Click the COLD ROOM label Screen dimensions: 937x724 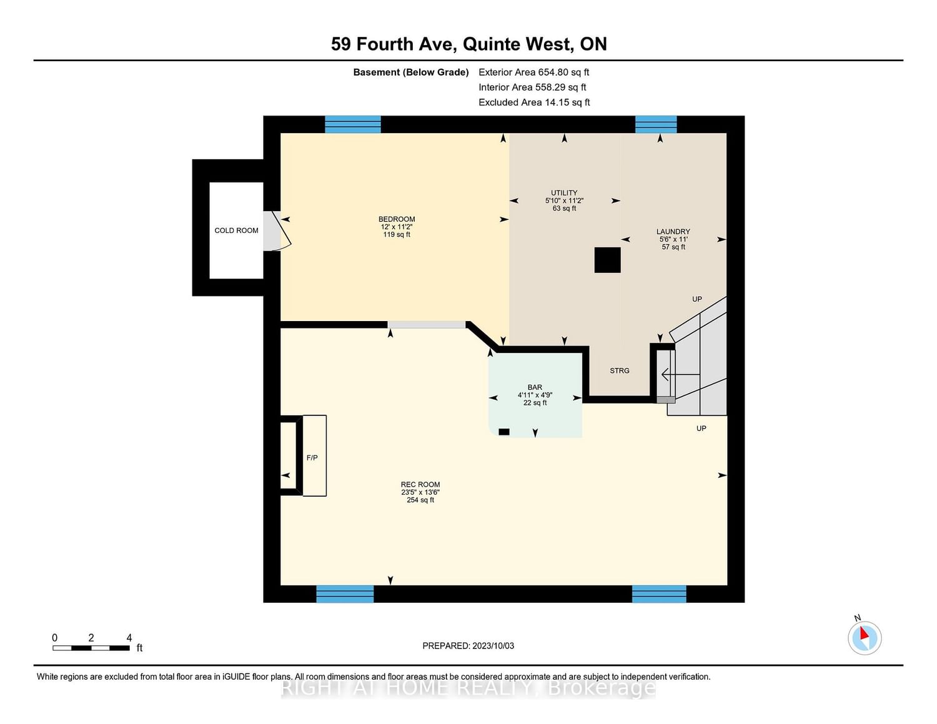[x=236, y=231]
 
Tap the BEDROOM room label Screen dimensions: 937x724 [x=397, y=219]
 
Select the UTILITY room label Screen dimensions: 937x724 [x=564, y=193]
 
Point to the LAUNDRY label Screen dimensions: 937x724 [x=673, y=232]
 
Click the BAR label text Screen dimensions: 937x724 [x=535, y=387]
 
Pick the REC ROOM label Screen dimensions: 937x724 [x=420, y=484]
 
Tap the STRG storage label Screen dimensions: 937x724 [x=620, y=370]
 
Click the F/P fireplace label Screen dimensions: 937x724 [x=312, y=457]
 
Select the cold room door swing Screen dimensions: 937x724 [x=277, y=231]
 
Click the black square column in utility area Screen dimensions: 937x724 [x=608, y=260]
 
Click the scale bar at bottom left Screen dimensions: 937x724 [x=91, y=648]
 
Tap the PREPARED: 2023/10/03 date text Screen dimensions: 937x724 [x=468, y=645]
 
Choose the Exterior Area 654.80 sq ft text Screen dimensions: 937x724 [x=534, y=72]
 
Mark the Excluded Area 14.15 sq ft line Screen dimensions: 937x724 [x=534, y=102]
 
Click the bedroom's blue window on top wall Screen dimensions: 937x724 [x=353, y=124]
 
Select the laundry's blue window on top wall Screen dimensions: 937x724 [x=656, y=124]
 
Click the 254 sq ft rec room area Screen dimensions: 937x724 [x=420, y=500]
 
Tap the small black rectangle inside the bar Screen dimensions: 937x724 [x=504, y=432]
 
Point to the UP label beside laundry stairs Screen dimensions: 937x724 [x=697, y=299]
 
